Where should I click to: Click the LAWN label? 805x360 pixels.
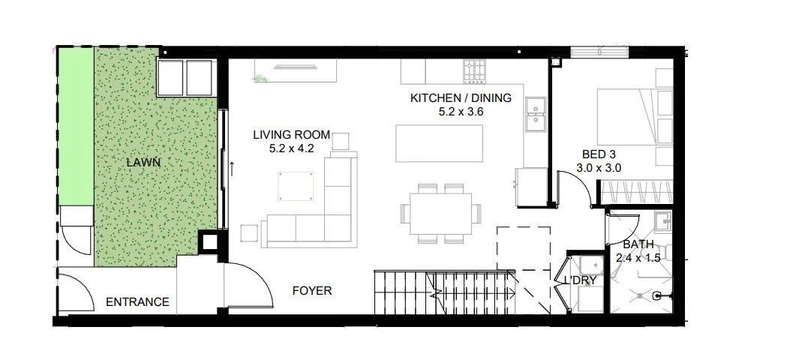(x=143, y=163)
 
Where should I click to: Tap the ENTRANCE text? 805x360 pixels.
(x=137, y=302)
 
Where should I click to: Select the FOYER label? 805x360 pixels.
(x=312, y=291)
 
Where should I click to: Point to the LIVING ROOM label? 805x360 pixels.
(x=291, y=135)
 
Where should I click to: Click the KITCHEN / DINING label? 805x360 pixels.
(x=461, y=98)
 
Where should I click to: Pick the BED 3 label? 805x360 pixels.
(x=599, y=154)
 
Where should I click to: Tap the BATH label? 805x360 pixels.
(x=638, y=244)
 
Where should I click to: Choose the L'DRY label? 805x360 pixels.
(x=580, y=280)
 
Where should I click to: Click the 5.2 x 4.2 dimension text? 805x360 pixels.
(x=291, y=149)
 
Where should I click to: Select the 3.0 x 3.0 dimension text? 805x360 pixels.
(x=599, y=168)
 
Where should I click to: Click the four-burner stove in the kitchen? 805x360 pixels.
(x=475, y=70)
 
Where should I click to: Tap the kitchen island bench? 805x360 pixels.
(x=439, y=142)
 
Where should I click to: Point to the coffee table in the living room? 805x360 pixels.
(x=296, y=187)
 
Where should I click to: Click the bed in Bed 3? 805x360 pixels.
(x=634, y=117)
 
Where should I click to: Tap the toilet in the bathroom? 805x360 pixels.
(x=663, y=252)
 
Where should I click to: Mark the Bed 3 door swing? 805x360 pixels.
(x=575, y=182)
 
